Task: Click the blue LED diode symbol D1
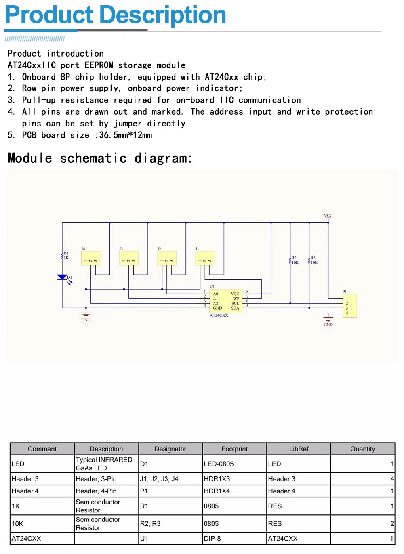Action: pyautogui.click(x=62, y=277)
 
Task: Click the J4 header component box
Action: pyautogui.click(x=90, y=258)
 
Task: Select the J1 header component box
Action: pyautogui.click(x=204, y=258)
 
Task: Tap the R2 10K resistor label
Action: pyautogui.click(x=295, y=260)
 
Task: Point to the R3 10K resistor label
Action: pyautogui.click(x=314, y=260)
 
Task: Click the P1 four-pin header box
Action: pyautogui.click(x=349, y=306)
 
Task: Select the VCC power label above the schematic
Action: pyautogui.click(x=328, y=216)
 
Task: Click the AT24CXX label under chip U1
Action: pyautogui.click(x=219, y=315)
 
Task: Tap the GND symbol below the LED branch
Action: pyautogui.click(x=86, y=316)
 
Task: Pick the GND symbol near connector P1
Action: pyautogui.click(x=328, y=321)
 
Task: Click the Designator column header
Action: pyautogui.click(x=170, y=449)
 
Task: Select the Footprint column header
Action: pyautogui.click(x=234, y=449)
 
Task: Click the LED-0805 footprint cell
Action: pyautogui.click(x=219, y=464)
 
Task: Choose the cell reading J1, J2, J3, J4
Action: pyautogui.click(x=159, y=479)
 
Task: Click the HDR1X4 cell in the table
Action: pyautogui.click(x=217, y=491)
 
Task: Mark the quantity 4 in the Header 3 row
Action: pyautogui.click(x=392, y=479)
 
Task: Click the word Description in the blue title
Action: pyautogui.click(x=162, y=15)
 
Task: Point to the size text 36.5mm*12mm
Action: pyautogui.click(x=126, y=135)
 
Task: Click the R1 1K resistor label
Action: pyautogui.click(x=65, y=256)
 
